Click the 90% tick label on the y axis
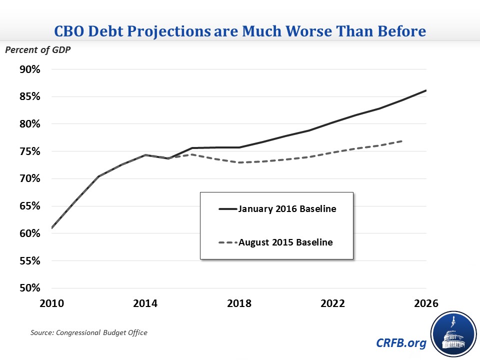(29, 69)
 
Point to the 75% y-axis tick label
(29, 151)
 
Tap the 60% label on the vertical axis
(29, 233)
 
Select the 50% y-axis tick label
(29, 288)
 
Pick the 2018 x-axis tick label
(239, 303)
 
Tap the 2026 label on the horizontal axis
(426, 303)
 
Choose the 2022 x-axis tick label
(333, 303)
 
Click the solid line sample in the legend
(227, 209)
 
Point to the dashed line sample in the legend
(227, 242)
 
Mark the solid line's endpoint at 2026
(426, 90)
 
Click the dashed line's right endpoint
(403, 140)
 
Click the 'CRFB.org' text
(400, 343)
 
